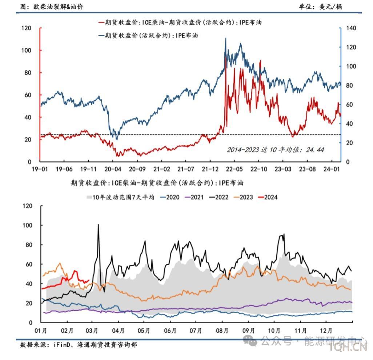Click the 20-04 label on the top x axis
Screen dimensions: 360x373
[112, 169]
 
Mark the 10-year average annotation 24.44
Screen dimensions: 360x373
[275, 150]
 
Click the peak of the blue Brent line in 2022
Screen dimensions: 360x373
[226, 38]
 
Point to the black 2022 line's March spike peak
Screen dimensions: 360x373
[98, 225]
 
